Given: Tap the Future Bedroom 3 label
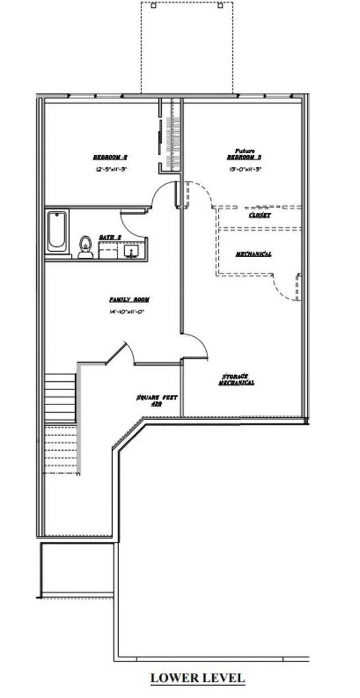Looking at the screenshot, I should [x=244, y=155].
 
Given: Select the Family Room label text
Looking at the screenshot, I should [x=129, y=300].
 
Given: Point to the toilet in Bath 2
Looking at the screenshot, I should [x=85, y=246].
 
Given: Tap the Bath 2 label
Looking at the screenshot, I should [x=110, y=238].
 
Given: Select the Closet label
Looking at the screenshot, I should [x=259, y=215].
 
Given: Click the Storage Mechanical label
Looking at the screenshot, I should [x=236, y=380].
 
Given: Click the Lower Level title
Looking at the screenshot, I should [x=198, y=678].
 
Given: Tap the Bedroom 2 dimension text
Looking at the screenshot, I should [x=111, y=169].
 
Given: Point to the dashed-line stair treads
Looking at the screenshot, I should [x=61, y=449].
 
